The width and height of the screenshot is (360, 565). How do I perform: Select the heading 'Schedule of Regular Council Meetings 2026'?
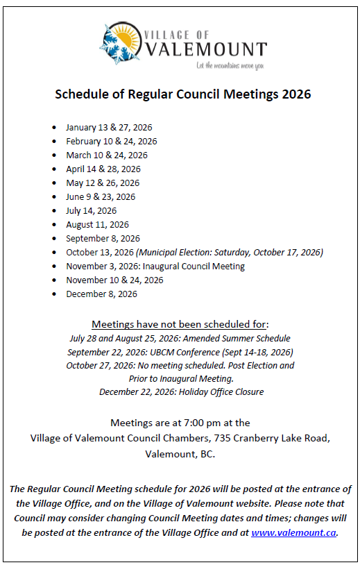[183, 94]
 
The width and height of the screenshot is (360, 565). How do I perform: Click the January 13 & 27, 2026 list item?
[109, 128]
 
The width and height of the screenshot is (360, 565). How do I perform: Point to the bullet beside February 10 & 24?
[55, 142]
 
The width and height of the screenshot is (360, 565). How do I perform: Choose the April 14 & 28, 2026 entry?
[103, 169]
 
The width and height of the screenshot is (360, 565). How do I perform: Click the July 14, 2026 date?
[92, 211]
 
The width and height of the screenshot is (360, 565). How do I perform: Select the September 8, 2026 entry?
[103, 239]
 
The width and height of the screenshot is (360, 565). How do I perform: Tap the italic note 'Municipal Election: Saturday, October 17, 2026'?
[229, 253]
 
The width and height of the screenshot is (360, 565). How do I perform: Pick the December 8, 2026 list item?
[101, 294]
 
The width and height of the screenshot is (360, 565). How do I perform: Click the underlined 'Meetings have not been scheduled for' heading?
[180, 325]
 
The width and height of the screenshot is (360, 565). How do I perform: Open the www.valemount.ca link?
[293, 532]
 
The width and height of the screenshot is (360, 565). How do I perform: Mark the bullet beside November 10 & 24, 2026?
[55, 280]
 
